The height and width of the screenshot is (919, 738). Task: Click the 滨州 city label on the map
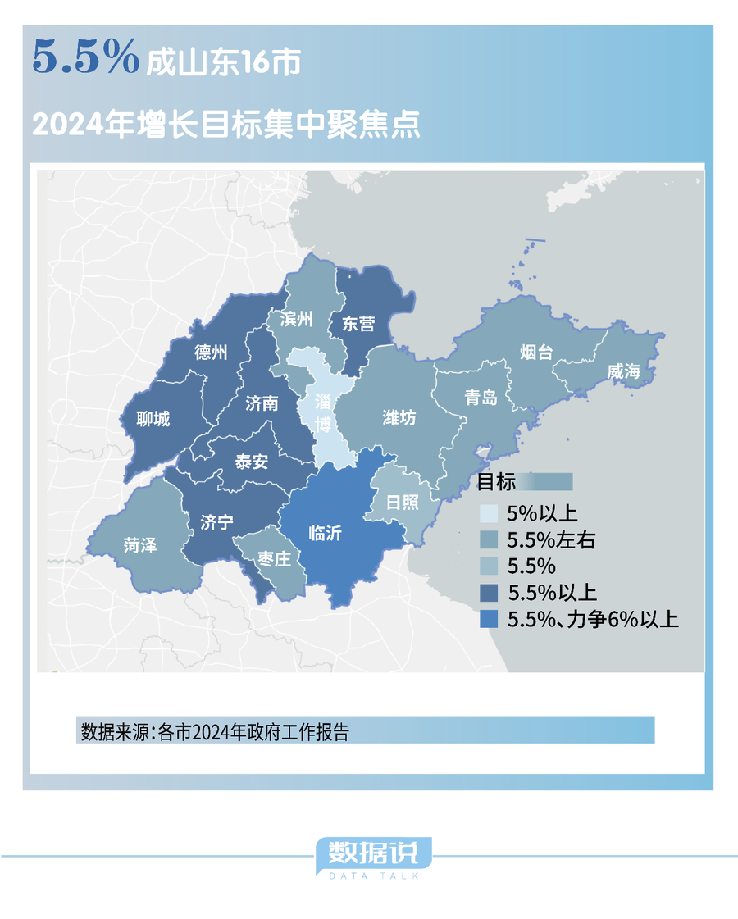tap(296, 319)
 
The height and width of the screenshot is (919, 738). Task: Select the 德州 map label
tap(211, 352)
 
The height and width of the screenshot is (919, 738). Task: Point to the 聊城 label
tap(154, 419)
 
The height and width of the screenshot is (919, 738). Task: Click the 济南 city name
tap(262, 403)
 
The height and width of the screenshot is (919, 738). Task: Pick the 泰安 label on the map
tap(252, 462)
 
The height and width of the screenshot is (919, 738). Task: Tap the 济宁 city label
tap(216, 522)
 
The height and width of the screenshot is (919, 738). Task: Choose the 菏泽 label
tap(140, 544)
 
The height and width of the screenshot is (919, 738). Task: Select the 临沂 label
tap(325, 533)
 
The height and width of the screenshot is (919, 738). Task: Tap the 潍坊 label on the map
tap(399, 417)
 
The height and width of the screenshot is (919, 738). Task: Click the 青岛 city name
tap(481, 398)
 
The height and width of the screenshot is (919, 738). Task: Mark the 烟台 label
tap(536, 353)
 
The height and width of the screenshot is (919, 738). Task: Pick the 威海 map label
tap(623, 371)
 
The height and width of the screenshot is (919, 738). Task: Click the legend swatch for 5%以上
tap(489, 514)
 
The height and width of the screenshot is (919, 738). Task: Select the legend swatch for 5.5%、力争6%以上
tap(489, 620)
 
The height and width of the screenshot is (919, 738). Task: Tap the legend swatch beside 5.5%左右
tap(489, 540)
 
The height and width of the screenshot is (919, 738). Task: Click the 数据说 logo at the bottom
tap(373, 854)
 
